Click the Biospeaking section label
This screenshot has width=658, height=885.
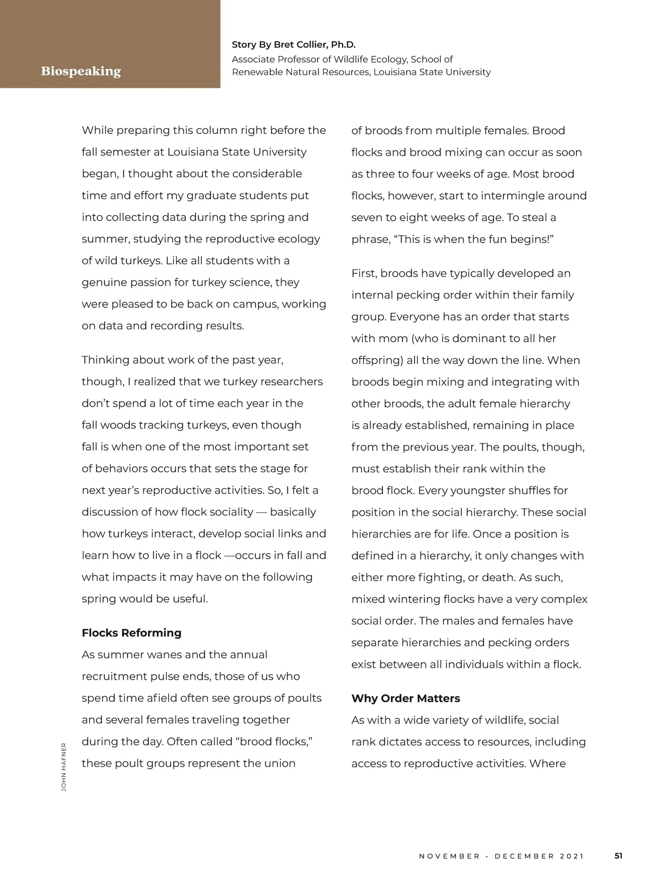pyautogui.click(x=81, y=71)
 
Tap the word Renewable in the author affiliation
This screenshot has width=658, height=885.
pyautogui.click(x=255, y=72)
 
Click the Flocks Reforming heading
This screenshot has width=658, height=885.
pyautogui.click(x=132, y=633)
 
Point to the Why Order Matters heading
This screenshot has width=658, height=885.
pyautogui.click(x=406, y=698)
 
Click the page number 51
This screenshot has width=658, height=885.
pyautogui.click(x=619, y=855)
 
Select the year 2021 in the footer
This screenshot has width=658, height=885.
pyautogui.click(x=572, y=856)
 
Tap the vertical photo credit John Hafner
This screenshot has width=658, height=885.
pyautogui.click(x=64, y=766)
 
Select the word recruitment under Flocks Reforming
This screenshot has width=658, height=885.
pyautogui.click(x=115, y=677)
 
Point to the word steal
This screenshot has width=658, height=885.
pyautogui.click(x=536, y=217)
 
